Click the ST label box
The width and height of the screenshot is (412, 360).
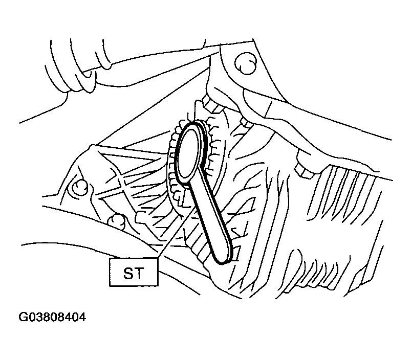(134, 272)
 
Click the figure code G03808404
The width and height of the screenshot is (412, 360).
(52, 317)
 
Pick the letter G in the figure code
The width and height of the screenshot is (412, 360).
(23, 317)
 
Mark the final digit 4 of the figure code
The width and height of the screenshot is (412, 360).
(82, 317)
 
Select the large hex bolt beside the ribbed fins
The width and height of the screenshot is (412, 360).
(306, 166)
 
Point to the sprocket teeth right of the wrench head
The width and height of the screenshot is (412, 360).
(211, 147)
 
